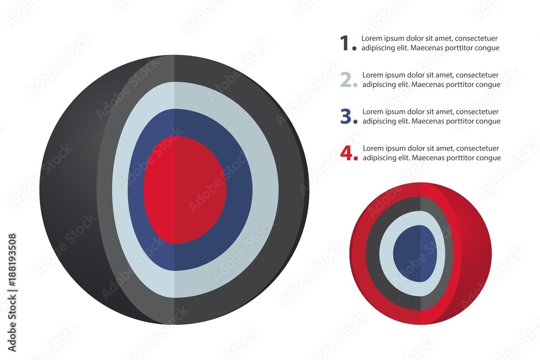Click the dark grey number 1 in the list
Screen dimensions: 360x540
tap(345, 43)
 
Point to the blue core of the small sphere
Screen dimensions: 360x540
tap(414, 254)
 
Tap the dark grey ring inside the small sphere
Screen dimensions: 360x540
tap(372, 254)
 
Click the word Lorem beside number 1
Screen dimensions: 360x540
tap(372, 38)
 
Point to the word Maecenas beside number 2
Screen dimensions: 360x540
tap(430, 84)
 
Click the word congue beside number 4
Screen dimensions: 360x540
tap(488, 158)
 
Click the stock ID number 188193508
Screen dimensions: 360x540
tap(12, 257)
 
